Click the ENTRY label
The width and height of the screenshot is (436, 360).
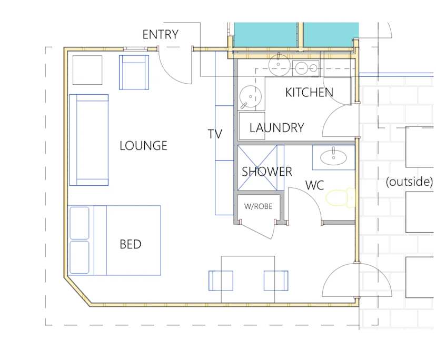point(161,35)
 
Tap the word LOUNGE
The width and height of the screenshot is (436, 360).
point(143,146)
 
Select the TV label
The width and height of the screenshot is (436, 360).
point(215,134)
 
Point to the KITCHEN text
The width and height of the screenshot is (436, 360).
point(309,93)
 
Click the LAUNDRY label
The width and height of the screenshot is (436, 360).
point(276,128)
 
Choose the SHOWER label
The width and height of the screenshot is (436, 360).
point(266,172)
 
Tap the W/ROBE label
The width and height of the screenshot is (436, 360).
point(258,206)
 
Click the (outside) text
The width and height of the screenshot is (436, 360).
point(409,182)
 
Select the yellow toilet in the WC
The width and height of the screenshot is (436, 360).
point(340,198)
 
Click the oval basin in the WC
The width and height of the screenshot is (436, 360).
point(333,156)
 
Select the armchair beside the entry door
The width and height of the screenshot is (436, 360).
point(134,72)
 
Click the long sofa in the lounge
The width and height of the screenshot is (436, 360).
point(88,140)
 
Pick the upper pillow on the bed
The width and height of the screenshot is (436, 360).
point(80,223)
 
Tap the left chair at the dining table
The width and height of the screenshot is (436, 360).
point(221,281)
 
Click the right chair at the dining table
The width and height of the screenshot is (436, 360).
point(276,281)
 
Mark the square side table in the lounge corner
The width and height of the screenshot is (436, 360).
point(87,69)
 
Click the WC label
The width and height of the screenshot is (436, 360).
point(314,186)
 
